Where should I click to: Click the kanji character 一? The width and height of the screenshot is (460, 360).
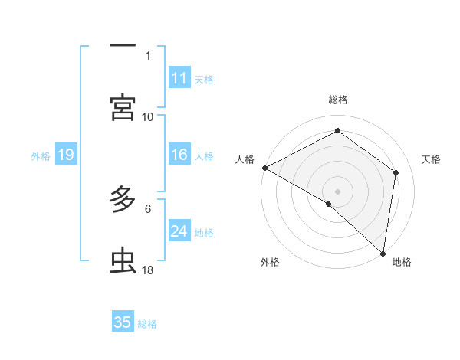[123, 46]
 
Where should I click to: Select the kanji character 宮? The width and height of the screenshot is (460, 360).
[123, 107]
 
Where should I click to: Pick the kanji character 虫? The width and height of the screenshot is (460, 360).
[123, 261]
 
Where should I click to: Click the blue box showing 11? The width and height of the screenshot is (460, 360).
[179, 78]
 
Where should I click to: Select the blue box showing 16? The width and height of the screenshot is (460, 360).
[179, 155]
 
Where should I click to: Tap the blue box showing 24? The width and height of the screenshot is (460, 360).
[179, 231]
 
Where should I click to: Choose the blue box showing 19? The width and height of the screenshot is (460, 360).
[66, 155]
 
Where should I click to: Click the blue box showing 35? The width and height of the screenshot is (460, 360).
[123, 322]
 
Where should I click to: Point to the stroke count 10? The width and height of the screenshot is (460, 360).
[148, 116]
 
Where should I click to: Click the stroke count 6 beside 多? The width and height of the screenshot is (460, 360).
[148, 208]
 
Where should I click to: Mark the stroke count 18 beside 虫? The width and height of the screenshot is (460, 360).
[148, 270]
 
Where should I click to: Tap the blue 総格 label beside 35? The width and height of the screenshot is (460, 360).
[148, 324]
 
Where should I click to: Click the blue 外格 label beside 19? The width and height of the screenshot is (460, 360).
[41, 156]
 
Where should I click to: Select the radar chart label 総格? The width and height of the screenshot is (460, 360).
[338, 100]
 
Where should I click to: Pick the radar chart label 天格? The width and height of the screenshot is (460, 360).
[432, 159]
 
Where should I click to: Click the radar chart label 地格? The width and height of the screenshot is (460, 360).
[402, 263]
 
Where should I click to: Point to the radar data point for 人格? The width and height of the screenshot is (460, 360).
[264, 167]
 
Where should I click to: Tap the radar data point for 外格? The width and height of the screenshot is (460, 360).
[329, 204]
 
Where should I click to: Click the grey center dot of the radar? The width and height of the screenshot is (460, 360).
[337, 191]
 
